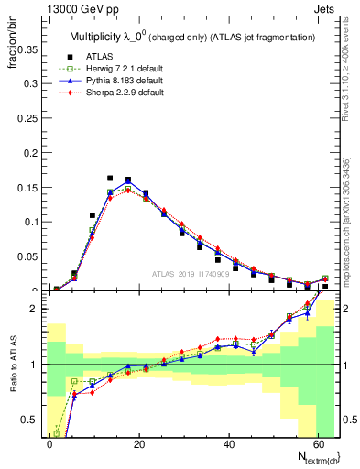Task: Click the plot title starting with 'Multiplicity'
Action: [192, 37]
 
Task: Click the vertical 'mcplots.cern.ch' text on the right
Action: [347, 229]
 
